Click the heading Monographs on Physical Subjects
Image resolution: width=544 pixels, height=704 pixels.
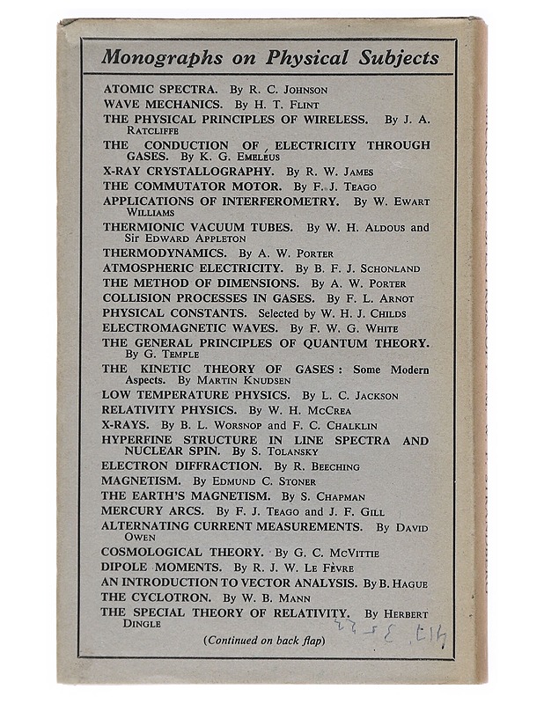(x=269, y=58)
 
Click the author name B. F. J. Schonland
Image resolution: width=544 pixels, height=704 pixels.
(x=364, y=268)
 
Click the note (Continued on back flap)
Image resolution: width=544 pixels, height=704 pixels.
(x=264, y=640)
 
